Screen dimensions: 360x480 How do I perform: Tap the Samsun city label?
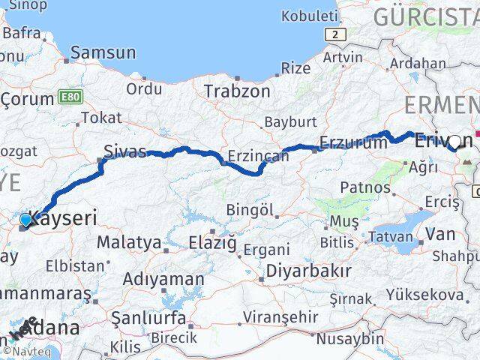(x=103, y=52)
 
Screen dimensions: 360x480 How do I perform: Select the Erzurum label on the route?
(x=352, y=142)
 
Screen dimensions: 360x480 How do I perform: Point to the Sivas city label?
(x=124, y=151)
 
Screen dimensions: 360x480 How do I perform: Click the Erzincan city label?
(x=258, y=156)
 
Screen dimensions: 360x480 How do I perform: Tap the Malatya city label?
(x=129, y=242)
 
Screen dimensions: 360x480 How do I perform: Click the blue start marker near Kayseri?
(x=26, y=220)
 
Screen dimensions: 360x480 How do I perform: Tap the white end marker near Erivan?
(x=454, y=140)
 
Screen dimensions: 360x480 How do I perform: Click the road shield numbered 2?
(x=331, y=34)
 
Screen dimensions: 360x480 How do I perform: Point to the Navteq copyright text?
(x=28, y=351)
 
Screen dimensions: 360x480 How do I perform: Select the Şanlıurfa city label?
(x=148, y=318)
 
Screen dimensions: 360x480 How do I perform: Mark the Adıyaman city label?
(x=163, y=279)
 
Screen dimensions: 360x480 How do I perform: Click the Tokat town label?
(x=101, y=117)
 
